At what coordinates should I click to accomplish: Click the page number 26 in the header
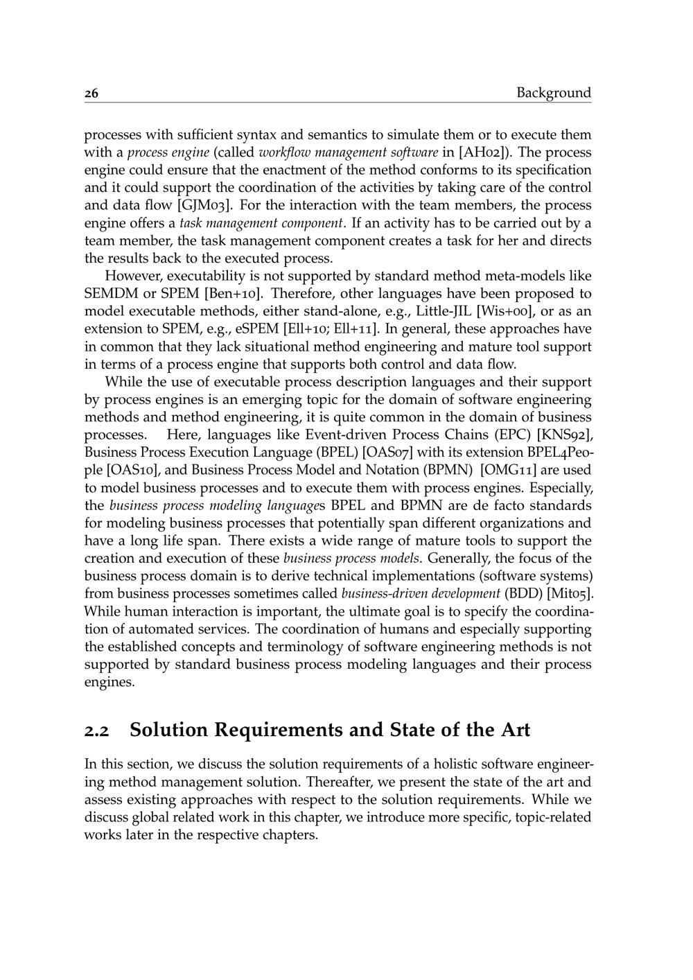pos(91,94)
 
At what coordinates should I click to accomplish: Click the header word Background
pos(554,93)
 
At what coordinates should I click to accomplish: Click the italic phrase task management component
pos(262,223)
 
